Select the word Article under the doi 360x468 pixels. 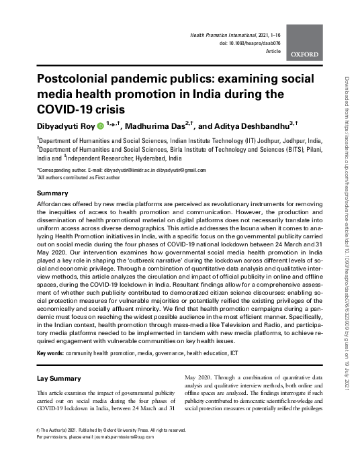point(273,50)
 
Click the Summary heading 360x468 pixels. point(52,193)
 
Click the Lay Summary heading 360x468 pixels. point(59,379)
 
